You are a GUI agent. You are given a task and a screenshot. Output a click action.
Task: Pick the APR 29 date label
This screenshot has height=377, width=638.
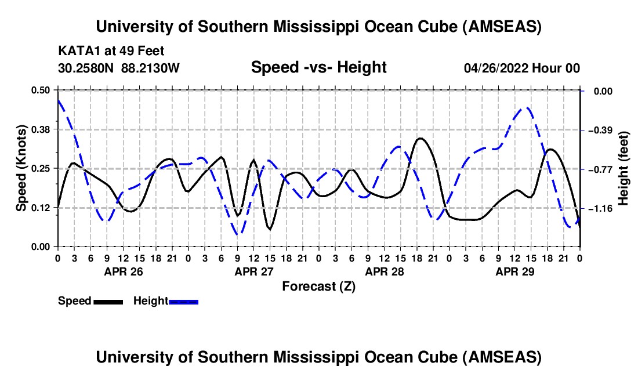(514, 271)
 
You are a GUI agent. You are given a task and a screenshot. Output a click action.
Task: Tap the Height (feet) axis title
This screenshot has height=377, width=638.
(623, 168)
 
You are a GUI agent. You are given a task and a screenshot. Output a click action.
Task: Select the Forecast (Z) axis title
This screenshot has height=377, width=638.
(318, 286)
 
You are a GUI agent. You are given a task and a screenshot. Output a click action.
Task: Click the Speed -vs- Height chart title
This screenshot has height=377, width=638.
(318, 67)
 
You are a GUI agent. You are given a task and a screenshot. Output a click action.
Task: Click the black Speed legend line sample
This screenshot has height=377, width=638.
(108, 302)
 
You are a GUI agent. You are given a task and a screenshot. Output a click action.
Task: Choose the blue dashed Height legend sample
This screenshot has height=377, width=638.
(183, 302)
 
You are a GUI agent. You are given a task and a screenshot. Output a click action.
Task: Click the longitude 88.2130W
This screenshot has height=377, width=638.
(150, 68)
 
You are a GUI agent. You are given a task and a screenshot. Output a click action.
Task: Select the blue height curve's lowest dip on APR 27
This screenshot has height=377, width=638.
(237, 234)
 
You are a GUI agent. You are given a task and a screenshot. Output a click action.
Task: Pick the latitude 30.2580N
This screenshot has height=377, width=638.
(86, 68)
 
